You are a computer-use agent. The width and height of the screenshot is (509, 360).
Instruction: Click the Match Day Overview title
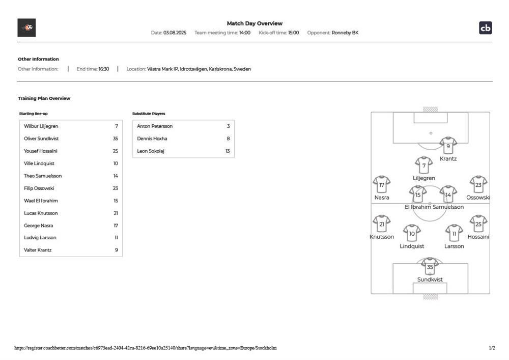click(x=254, y=23)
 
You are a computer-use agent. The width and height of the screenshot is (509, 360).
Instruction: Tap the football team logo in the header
click(x=26, y=27)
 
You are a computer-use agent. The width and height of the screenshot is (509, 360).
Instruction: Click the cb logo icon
click(x=485, y=28)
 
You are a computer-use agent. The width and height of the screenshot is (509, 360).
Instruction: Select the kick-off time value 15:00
click(x=294, y=33)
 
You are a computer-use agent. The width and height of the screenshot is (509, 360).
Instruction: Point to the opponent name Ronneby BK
click(x=345, y=33)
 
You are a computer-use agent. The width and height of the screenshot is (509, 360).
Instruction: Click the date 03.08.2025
click(x=175, y=33)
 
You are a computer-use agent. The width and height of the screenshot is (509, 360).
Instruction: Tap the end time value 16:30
click(x=104, y=69)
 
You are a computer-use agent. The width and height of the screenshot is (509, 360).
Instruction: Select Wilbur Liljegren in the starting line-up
click(x=41, y=126)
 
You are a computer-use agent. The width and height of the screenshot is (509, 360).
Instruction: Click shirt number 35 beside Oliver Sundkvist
click(x=116, y=139)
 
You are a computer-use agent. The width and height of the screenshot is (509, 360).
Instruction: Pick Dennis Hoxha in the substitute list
click(x=152, y=139)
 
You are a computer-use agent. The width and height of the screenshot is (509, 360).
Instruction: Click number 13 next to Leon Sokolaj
click(x=228, y=151)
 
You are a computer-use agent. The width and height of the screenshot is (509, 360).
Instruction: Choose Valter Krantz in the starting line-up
click(x=38, y=250)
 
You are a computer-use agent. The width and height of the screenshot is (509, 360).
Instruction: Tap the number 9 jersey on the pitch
click(x=448, y=146)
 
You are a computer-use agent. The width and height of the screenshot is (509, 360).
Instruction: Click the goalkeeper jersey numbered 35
click(x=430, y=266)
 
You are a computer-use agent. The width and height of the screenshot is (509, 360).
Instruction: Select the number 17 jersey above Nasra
click(x=382, y=184)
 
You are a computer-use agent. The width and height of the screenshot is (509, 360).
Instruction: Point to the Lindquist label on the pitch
click(x=412, y=246)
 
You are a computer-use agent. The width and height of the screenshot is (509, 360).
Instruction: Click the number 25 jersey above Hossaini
click(x=478, y=224)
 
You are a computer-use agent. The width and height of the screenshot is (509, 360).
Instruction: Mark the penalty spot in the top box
click(x=431, y=133)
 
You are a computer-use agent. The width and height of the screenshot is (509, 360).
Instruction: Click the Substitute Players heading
click(x=149, y=114)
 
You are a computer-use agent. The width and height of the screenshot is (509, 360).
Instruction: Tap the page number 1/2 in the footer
click(x=492, y=348)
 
